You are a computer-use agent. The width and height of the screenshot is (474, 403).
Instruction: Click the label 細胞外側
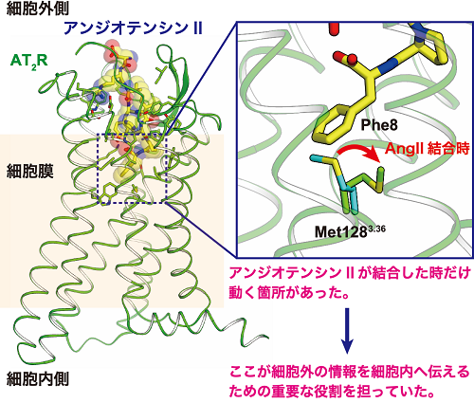38,9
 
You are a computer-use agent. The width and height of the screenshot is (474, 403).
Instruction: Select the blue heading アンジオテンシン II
133,28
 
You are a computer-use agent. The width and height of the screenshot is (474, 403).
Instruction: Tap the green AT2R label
29,61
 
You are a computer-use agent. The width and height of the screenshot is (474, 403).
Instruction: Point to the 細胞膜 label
30,172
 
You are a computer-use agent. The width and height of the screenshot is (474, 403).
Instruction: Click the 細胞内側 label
38,378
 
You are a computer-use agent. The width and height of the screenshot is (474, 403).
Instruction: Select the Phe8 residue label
379,125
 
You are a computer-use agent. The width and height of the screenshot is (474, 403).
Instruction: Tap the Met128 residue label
341,231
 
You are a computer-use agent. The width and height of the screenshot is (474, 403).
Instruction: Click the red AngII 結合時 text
428,149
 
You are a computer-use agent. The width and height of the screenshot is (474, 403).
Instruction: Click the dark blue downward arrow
347,331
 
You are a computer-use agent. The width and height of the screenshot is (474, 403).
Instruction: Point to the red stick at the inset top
333,29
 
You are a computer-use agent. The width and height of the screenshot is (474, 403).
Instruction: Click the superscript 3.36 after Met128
377,228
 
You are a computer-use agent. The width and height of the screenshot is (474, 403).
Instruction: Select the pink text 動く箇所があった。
289,293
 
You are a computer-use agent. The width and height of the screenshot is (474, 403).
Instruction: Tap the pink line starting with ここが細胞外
350,372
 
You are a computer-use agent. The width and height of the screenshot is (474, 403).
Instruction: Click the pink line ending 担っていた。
331,392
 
